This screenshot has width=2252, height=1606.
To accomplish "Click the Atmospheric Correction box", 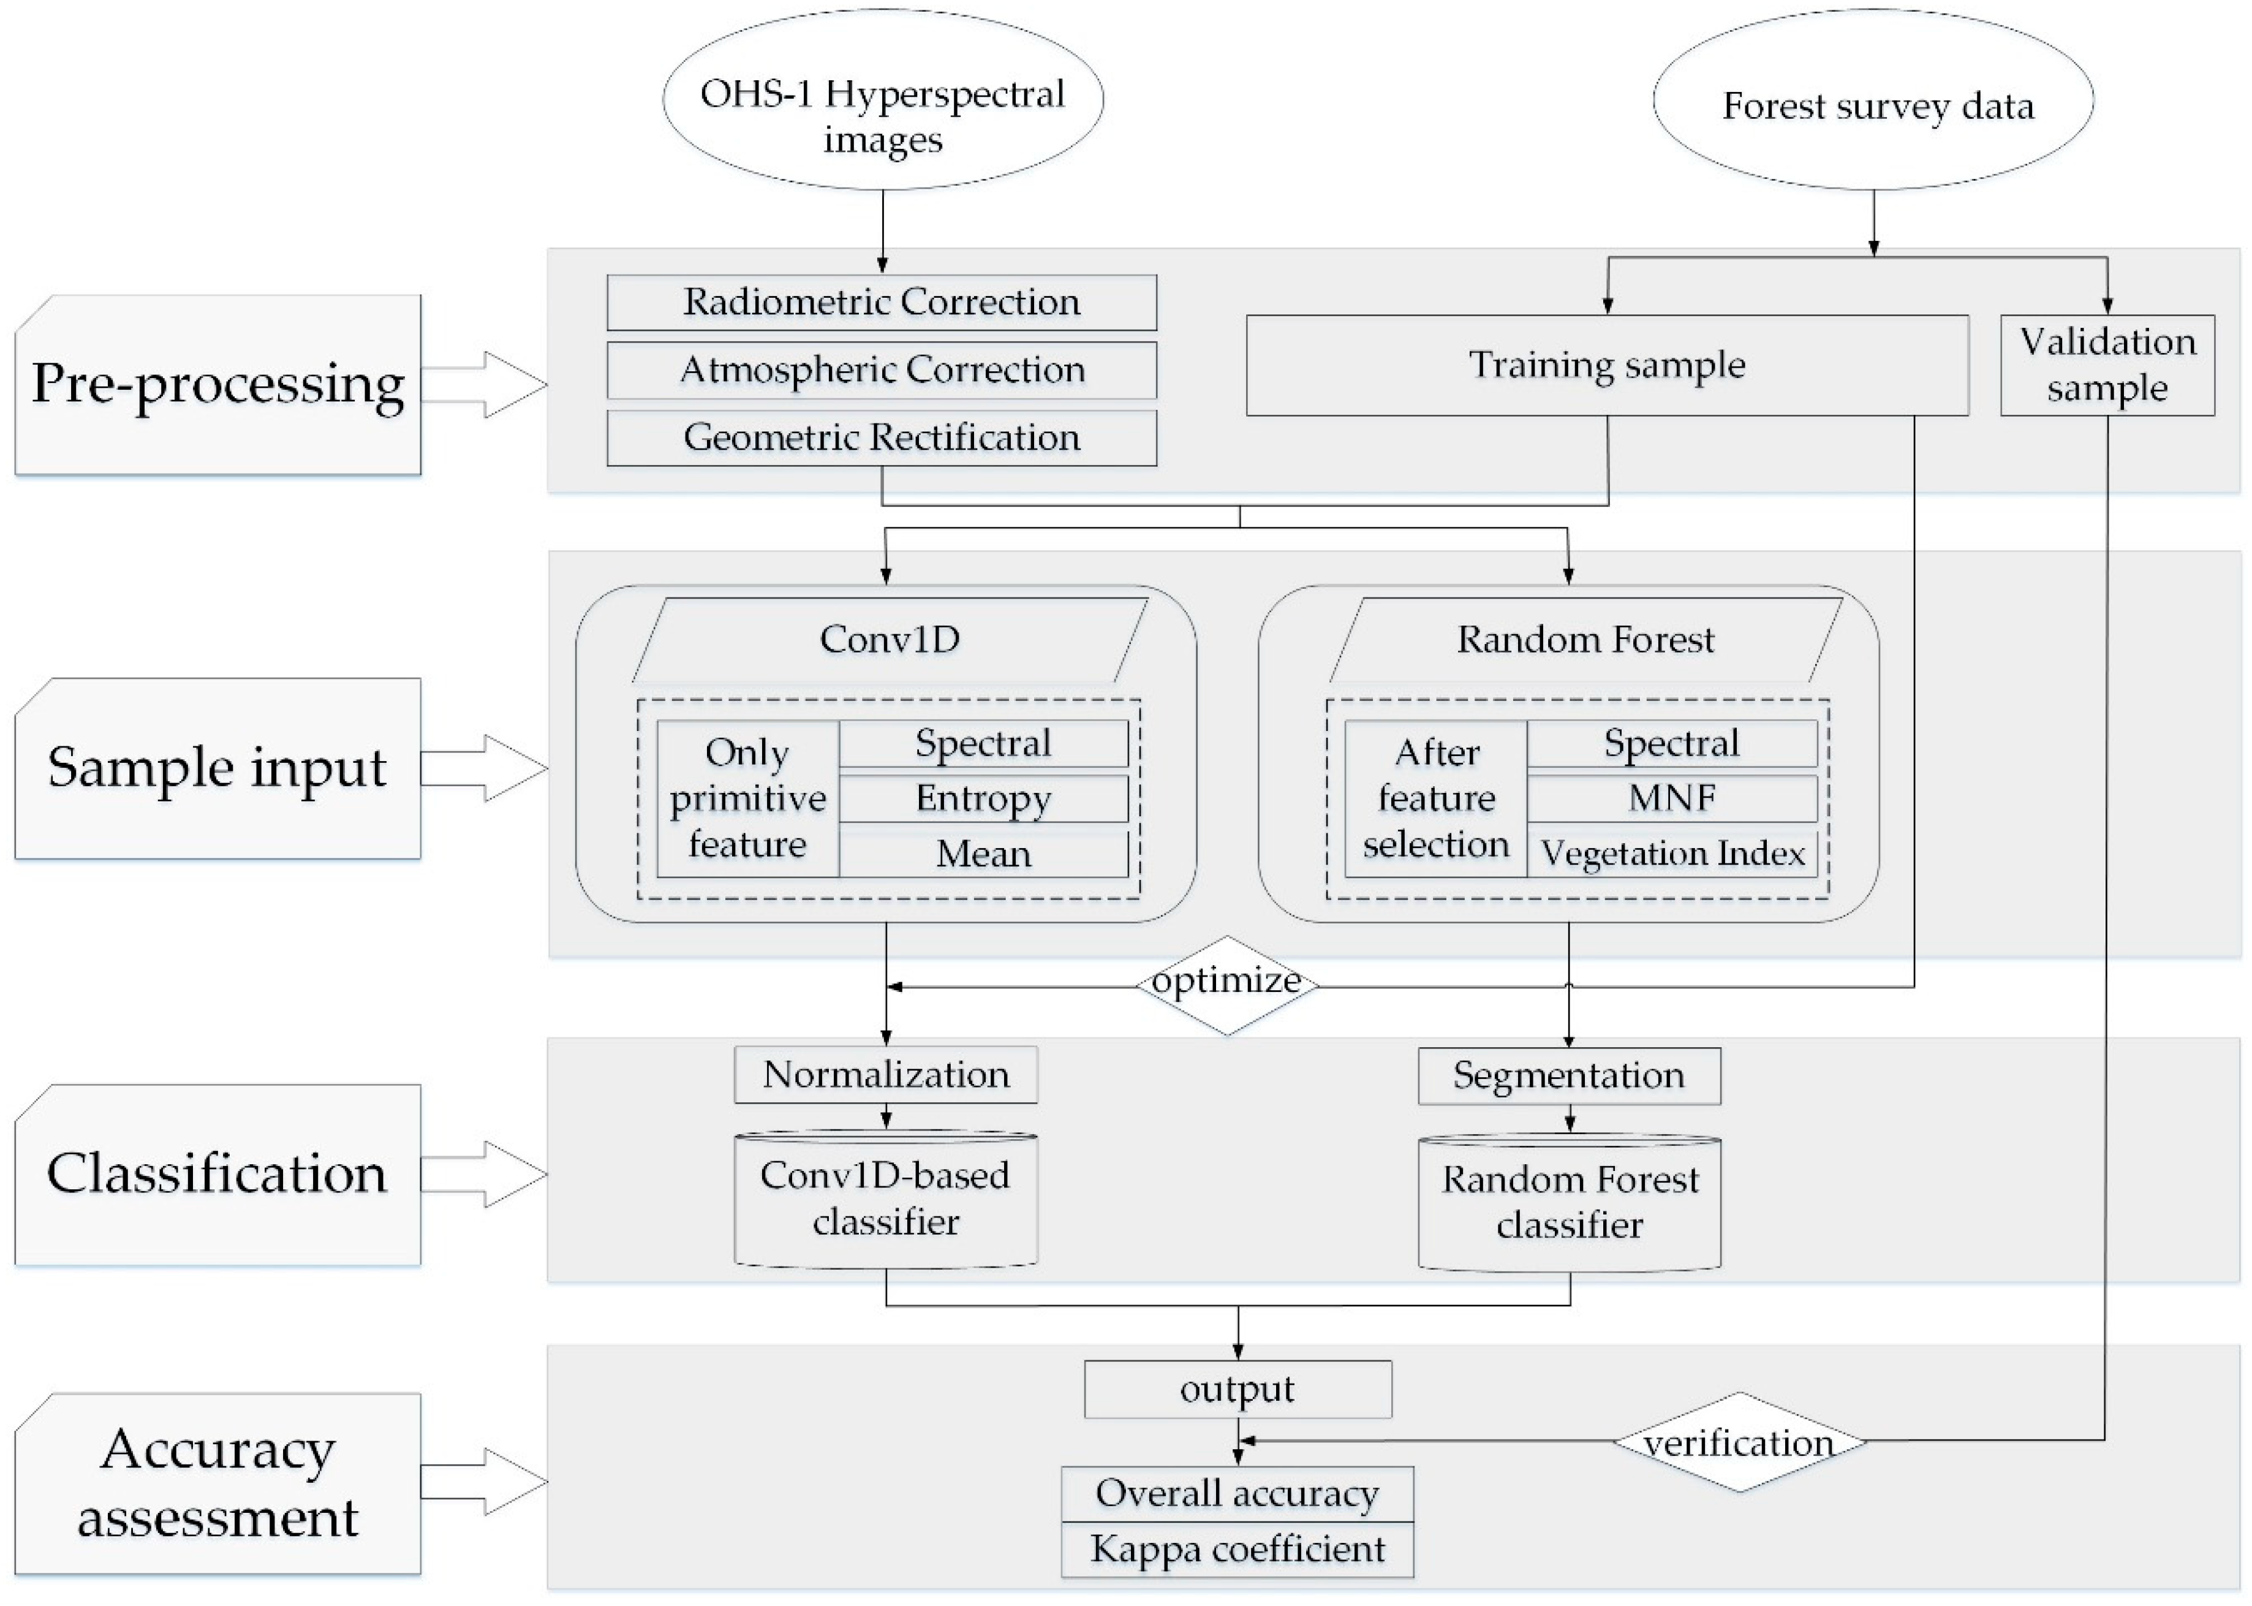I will [x=881, y=370].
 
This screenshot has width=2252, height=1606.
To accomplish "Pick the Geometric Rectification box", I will [x=881, y=437].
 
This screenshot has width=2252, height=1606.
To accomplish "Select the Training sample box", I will [x=1606, y=365].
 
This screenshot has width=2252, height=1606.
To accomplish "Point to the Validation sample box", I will [x=2107, y=365].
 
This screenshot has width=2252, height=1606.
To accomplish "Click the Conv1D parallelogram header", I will [x=889, y=640].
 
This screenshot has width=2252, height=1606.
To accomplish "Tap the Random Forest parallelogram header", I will [x=1585, y=640].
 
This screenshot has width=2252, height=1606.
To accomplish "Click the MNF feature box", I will [x=1672, y=798].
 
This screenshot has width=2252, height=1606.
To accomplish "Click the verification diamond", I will [x=1738, y=1442].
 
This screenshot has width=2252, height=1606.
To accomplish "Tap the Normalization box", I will [x=886, y=1075].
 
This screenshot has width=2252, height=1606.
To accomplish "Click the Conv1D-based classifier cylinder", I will [x=886, y=1199].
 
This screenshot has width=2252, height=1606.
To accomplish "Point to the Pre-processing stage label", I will [x=217, y=385].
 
